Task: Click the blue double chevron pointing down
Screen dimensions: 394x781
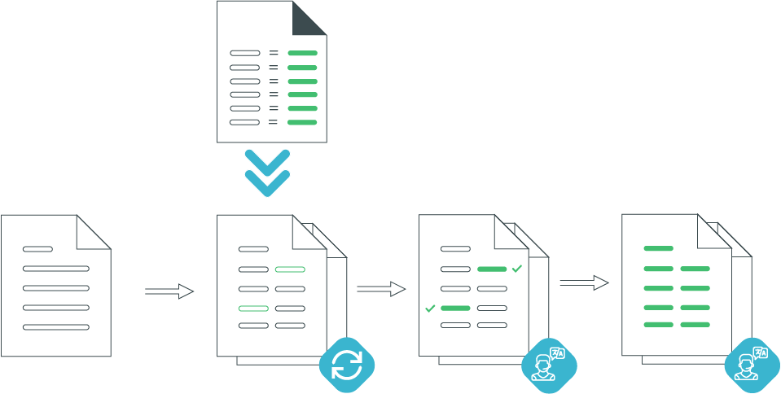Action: click(x=267, y=173)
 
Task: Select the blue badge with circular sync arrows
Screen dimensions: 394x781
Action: click(x=346, y=364)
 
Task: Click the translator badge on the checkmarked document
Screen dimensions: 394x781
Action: click(x=549, y=364)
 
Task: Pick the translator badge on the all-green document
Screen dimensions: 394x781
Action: click(x=752, y=364)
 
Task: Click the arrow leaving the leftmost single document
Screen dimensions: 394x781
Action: click(x=169, y=291)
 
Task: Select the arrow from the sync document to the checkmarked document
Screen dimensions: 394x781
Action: click(x=381, y=288)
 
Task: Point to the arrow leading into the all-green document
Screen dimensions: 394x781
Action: click(x=584, y=282)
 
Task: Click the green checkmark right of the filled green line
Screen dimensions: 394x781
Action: click(x=516, y=268)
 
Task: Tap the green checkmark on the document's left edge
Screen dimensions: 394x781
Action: click(x=430, y=309)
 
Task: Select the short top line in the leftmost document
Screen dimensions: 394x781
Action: click(x=37, y=249)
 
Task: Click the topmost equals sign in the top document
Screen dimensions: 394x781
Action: click(x=274, y=53)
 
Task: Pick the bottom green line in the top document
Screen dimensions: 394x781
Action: click(x=302, y=122)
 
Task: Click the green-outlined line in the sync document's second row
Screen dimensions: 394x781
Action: click(x=290, y=269)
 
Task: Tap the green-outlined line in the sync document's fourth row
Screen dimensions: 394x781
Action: click(x=253, y=309)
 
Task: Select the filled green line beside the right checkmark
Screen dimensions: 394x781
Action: click(x=492, y=269)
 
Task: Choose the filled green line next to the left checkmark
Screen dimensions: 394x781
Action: click(x=455, y=309)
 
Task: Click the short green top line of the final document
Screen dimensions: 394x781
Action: click(x=658, y=248)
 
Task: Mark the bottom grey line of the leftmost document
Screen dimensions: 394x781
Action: click(x=55, y=327)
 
